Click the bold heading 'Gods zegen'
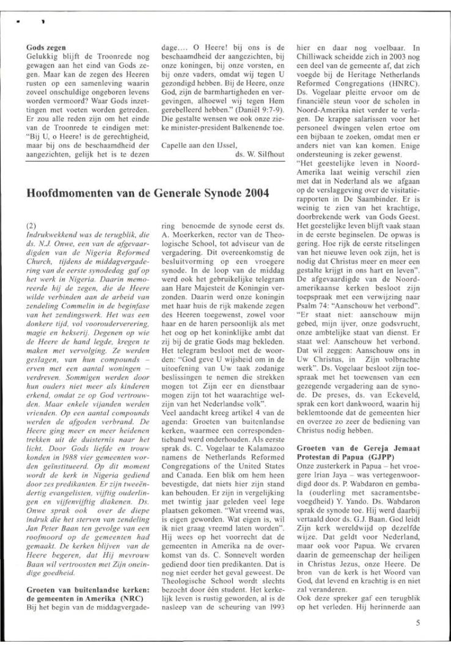46,46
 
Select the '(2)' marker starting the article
32,225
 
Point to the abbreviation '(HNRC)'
408,79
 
